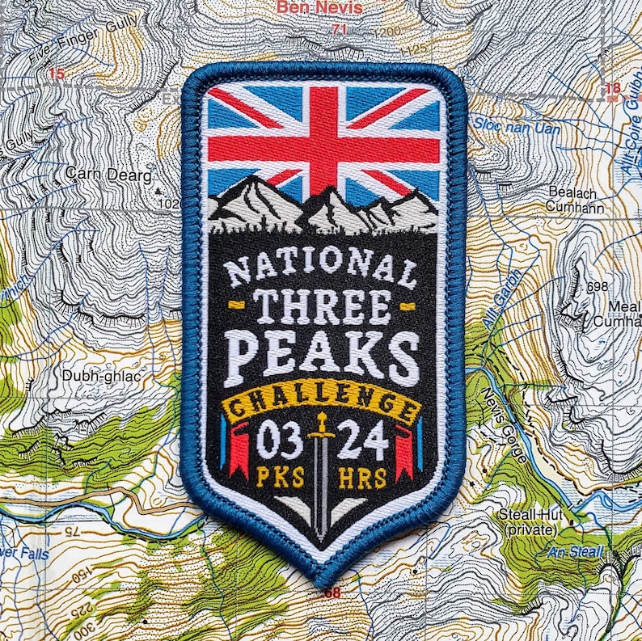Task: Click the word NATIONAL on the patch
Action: tap(321, 267)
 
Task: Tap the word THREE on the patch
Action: tap(322, 306)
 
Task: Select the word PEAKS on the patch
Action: tap(322, 356)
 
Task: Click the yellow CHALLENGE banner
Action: tap(322, 401)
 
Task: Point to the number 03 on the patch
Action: tap(280, 442)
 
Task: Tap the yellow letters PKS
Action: tap(280, 477)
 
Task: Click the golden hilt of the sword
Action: tap(322, 426)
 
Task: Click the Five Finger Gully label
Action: tap(74, 44)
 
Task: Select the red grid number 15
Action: tap(56, 74)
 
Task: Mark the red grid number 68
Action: tap(332, 593)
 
